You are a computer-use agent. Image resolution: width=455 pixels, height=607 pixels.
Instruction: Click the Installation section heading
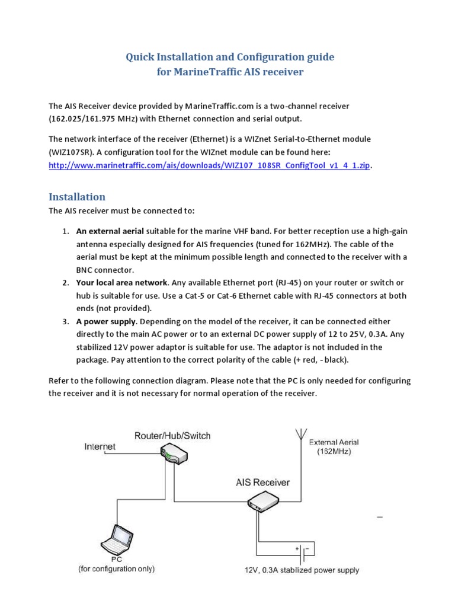pyautogui.click(x=77, y=197)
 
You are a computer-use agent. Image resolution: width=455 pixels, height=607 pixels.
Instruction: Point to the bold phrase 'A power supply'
pyautogui.click(x=107, y=321)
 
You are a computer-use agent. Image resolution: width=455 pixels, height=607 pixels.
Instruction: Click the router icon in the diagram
pyautogui.click(x=173, y=455)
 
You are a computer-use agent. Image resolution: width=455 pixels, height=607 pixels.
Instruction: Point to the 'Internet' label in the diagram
pyautogui.click(x=100, y=446)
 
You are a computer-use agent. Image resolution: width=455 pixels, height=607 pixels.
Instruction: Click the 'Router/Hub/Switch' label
pyautogui.click(x=172, y=436)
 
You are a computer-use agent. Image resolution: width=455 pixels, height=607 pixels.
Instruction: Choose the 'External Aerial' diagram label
pyautogui.click(x=334, y=442)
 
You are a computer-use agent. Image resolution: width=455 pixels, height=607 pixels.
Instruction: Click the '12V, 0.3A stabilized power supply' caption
pyautogui.click(x=302, y=571)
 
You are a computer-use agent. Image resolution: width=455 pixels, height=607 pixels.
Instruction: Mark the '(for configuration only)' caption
pyautogui.click(x=117, y=569)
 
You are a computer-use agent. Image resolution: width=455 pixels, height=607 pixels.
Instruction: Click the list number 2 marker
pyautogui.click(x=66, y=282)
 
